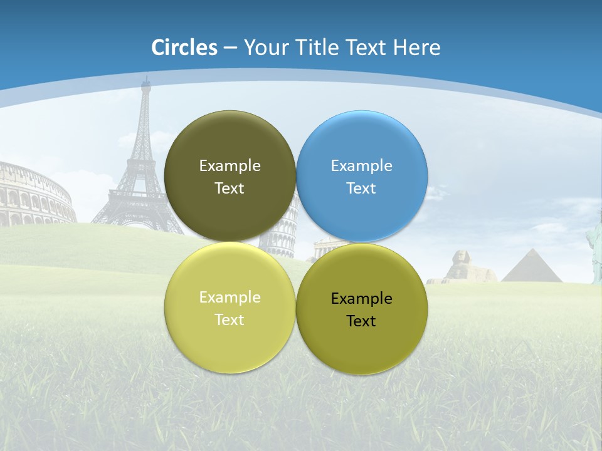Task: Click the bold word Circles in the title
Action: click(184, 48)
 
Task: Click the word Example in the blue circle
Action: click(362, 166)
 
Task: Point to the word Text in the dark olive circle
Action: click(230, 189)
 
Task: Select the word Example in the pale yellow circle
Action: click(230, 298)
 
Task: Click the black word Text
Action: click(361, 321)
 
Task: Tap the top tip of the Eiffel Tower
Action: click(146, 78)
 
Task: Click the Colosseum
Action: click(34, 194)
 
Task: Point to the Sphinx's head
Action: click(455, 257)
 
